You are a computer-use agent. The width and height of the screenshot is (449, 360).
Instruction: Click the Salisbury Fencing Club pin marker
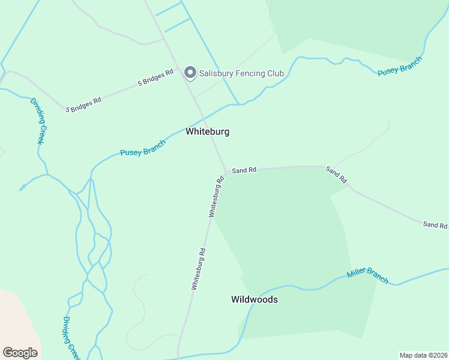[x=190, y=73]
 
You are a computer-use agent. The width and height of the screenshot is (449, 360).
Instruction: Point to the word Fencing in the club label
[x=255, y=73]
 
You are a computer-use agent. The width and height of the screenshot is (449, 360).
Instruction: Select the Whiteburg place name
[x=207, y=131]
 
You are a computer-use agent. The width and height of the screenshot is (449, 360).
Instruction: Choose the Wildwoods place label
[x=255, y=299]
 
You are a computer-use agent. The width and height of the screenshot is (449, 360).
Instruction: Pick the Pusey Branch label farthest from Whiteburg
[x=400, y=67]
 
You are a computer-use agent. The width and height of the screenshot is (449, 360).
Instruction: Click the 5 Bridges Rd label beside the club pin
[x=155, y=78]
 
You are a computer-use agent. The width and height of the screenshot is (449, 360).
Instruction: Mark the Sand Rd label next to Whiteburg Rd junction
[x=244, y=170]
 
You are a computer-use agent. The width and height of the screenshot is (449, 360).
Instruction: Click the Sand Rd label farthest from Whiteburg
[x=435, y=225]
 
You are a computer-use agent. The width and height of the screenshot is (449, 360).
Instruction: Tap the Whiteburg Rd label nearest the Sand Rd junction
[x=215, y=197]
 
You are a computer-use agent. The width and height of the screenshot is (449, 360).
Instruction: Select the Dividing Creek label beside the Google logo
[x=71, y=338]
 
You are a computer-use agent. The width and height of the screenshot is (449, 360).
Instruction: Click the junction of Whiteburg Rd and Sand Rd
[x=226, y=172]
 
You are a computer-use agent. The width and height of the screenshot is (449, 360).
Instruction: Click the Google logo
[x=20, y=353]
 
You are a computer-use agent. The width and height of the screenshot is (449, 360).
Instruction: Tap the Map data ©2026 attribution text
[x=423, y=355]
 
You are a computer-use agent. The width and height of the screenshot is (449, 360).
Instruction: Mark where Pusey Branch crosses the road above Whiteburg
[x=203, y=116]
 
